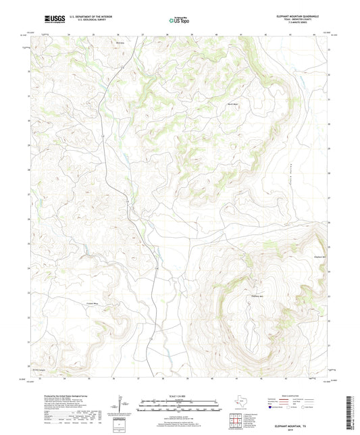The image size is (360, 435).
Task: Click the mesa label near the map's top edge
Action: pos(121,42)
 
